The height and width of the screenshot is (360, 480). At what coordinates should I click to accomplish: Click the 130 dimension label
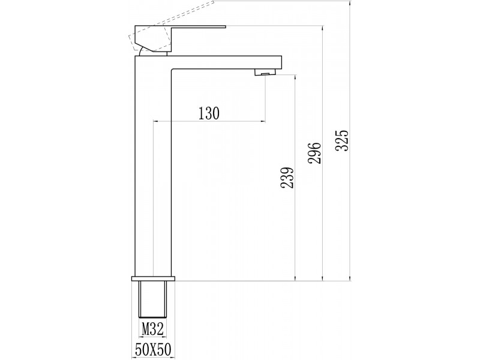coord(209,113)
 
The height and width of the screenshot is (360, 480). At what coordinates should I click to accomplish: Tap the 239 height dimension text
coord(287,178)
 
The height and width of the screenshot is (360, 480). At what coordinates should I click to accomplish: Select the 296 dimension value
coord(314,153)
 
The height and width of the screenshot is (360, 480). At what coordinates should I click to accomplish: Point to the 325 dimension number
coord(342,140)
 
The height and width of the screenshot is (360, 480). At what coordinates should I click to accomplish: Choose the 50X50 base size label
coord(153,349)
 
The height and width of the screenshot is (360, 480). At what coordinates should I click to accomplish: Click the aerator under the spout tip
coord(265,72)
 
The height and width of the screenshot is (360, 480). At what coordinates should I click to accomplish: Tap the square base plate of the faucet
coord(153,278)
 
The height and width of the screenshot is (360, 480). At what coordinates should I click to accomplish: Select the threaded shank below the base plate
coord(153,299)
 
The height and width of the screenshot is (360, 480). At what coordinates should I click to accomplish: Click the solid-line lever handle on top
coord(172,38)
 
